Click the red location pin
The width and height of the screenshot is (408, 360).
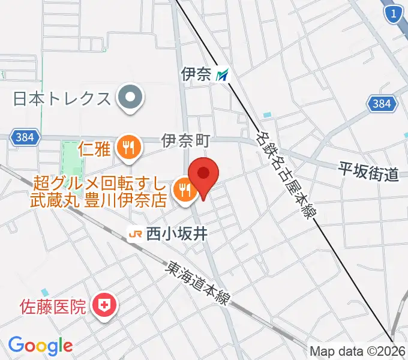pos(203,175)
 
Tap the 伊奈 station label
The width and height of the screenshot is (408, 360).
pos(196,74)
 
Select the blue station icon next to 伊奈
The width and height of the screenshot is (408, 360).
pos(223,74)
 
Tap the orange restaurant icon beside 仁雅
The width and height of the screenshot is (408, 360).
pos(128,147)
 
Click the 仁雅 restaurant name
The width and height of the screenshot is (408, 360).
pos(95,148)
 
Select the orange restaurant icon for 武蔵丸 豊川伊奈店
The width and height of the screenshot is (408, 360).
pos(182,190)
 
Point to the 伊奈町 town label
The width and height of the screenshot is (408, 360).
pos(185,141)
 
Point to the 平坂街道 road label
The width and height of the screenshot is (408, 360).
pos(367,173)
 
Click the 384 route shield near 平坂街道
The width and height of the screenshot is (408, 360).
pos(381,104)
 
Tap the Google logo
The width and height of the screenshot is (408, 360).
pos(40,345)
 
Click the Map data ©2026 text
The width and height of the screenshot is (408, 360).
pos(358,351)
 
